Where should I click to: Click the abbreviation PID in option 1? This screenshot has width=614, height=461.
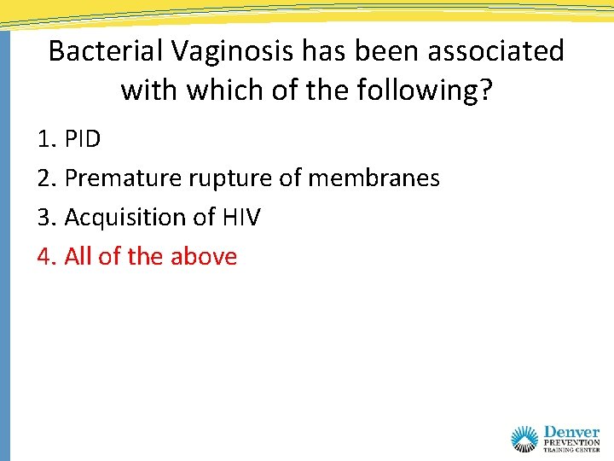point(83,139)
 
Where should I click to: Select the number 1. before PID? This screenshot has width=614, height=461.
point(47,139)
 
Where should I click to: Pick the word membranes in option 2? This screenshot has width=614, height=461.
point(374,178)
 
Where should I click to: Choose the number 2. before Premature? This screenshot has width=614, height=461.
point(47,178)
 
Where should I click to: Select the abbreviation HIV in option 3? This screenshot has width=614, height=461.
point(241,218)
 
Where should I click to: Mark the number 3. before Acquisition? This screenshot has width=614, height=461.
point(47,218)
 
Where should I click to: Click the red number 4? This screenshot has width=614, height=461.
point(47,256)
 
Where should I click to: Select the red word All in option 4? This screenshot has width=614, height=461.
point(78,256)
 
